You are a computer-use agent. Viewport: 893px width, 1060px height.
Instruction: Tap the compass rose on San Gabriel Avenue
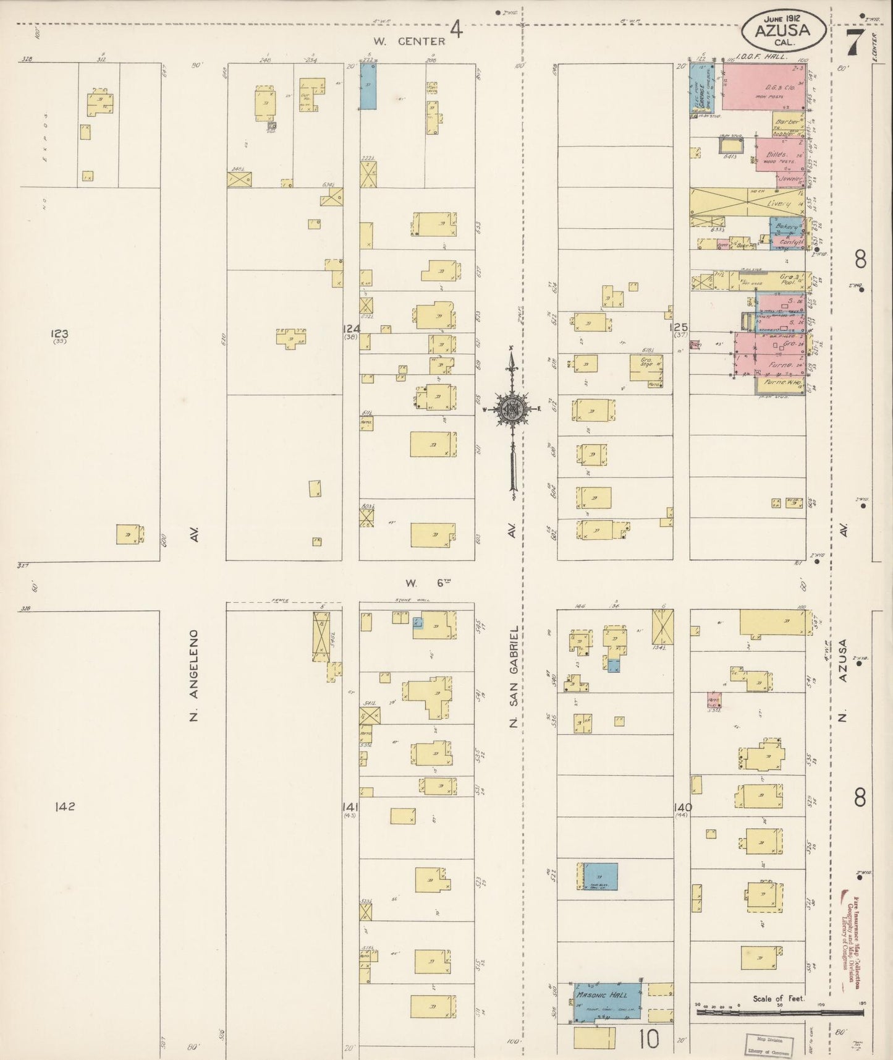[x=512, y=408]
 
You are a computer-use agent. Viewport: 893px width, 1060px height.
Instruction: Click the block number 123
[x=59, y=334]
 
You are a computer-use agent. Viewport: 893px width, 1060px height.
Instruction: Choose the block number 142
[x=64, y=806]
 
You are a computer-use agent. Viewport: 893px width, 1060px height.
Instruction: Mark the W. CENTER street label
[x=409, y=41]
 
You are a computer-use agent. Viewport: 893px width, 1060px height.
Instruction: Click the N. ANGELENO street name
[x=193, y=675]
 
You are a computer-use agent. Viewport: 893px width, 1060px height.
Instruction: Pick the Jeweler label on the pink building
[x=790, y=179]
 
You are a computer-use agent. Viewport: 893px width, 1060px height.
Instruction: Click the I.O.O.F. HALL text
[x=763, y=56]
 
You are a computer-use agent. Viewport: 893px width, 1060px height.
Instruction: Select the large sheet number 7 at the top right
[x=855, y=42]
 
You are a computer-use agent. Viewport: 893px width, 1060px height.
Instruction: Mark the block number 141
[x=351, y=806]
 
